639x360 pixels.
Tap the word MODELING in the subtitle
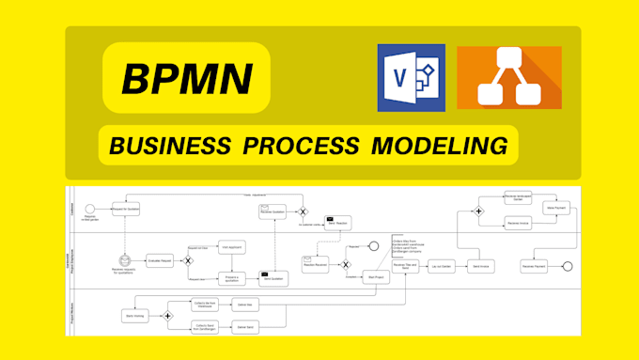pyautogui.click(x=437, y=146)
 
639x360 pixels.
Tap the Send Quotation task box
pyautogui.click(x=273, y=278)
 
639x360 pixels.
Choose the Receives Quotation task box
pyautogui.click(x=273, y=211)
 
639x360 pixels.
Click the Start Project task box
pyautogui.click(x=378, y=277)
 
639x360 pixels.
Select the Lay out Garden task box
pyautogui.click(x=441, y=267)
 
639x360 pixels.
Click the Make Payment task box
pyautogui.click(x=554, y=208)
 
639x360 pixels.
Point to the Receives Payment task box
pyautogui.click(x=535, y=266)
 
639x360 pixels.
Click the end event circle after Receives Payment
pyautogui.click(x=567, y=266)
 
